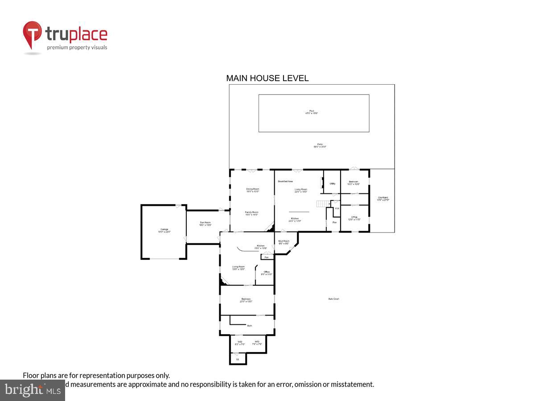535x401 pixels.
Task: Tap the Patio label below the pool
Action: click(x=320, y=145)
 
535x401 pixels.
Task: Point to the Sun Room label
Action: click(x=205, y=224)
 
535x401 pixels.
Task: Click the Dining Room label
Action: click(x=253, y=190)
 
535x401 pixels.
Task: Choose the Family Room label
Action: click(x=252, y=213)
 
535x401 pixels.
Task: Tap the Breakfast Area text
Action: click(x=285, y=181)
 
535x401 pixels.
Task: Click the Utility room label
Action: click(x=332, y=184)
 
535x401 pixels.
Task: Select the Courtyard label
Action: click(x=383, y=199)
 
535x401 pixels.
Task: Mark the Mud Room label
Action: click(x=284, y=242)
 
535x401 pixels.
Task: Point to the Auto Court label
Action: click(x=333, y=299)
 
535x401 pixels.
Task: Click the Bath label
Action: click(x=249, y=326)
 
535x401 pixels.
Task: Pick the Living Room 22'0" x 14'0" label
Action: click(x=301, y=190)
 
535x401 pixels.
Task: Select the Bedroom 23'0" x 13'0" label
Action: click(x=246, y=300)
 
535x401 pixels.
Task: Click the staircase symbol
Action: click(x=323, y=204)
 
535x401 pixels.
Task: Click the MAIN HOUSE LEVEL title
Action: click(x=267, y=78)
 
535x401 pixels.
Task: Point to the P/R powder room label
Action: click(x=337, y=208)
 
